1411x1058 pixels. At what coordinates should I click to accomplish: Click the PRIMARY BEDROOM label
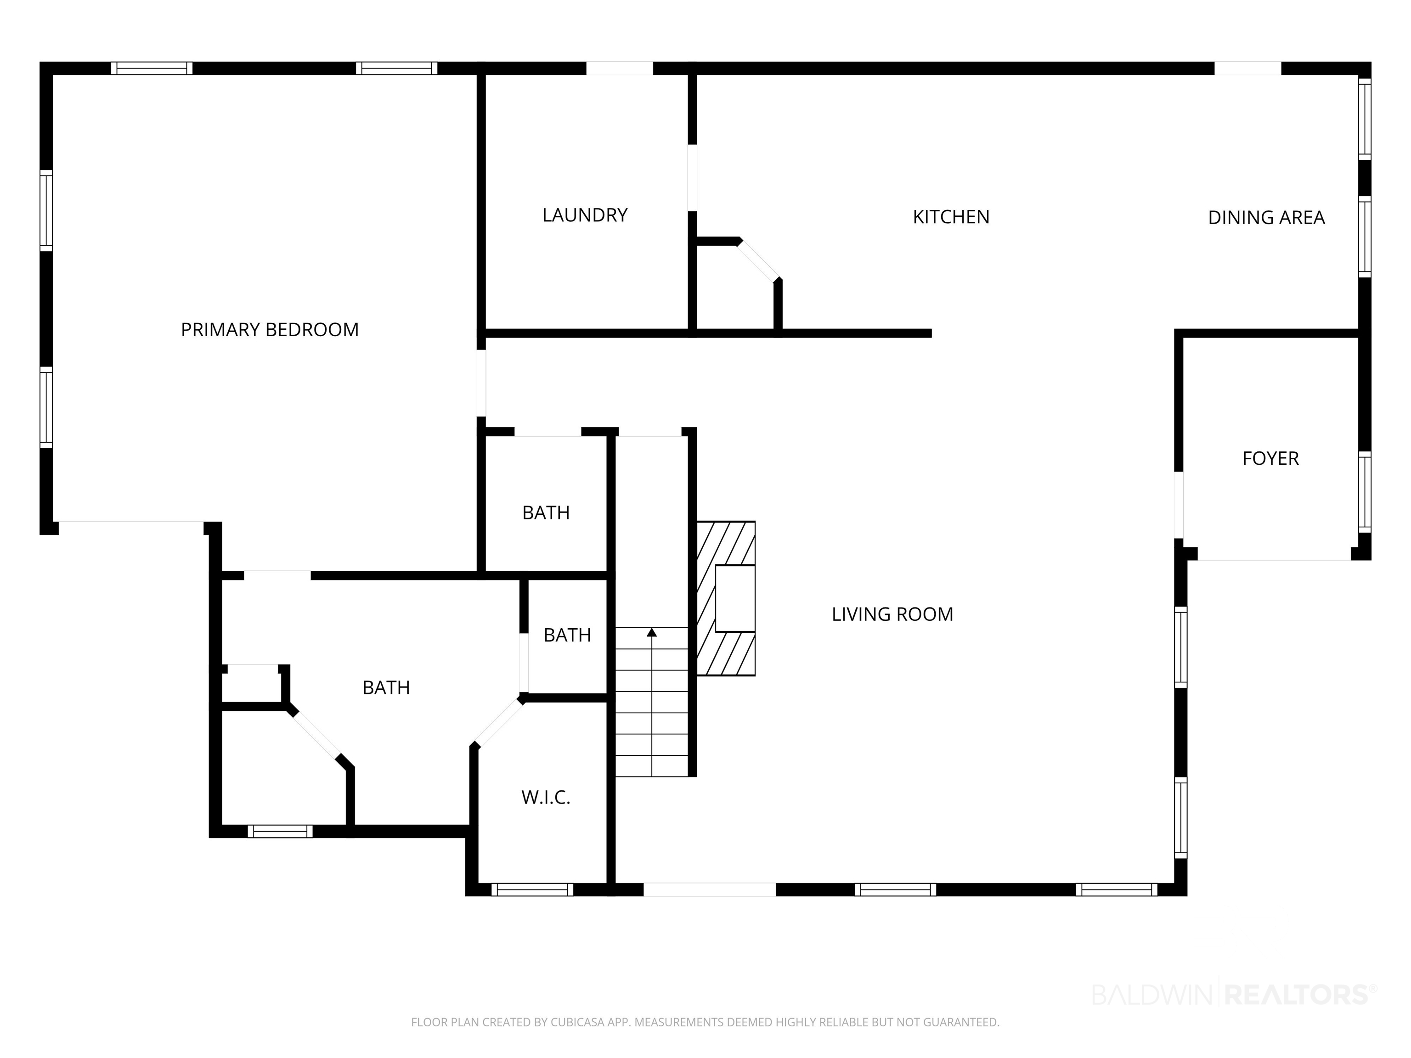coord(270,330)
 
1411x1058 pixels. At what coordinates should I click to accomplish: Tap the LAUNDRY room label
coord(585,215)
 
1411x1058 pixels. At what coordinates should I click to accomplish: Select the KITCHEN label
coord(951,217)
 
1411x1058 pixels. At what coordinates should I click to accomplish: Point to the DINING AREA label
coord(1266,218)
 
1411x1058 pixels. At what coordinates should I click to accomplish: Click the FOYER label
coord(1270,459)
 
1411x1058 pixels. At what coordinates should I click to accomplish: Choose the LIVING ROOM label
coord(892,614)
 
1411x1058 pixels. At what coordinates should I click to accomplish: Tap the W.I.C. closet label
coord(545,797)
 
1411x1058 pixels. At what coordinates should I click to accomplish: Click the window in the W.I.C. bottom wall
coord(532,889)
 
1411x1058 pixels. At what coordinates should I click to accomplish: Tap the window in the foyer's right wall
coord(1365,492)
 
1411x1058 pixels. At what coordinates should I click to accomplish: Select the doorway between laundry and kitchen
coord(692,178)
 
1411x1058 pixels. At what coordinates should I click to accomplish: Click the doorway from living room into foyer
coord(1179,505)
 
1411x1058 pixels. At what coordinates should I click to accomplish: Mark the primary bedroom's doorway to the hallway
coord(482,383)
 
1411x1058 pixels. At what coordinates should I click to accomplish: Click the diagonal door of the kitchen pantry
coord(758,261)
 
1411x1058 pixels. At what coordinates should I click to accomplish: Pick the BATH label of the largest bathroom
coord(386,687)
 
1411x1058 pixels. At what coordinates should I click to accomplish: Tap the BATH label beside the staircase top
coord(546,513)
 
